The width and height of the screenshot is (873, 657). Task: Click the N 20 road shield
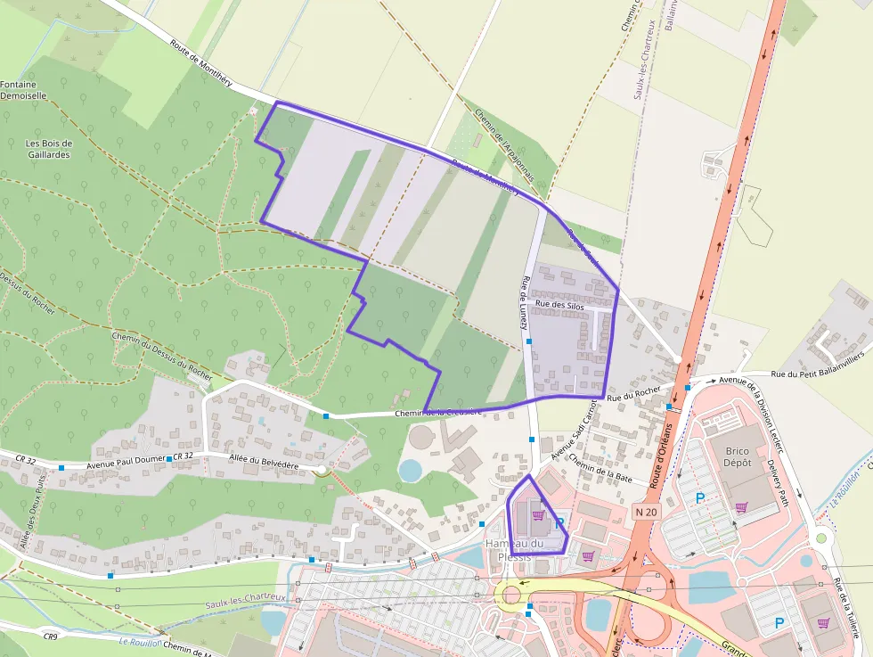(649, 512)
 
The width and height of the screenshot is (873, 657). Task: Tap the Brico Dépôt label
(737, 456)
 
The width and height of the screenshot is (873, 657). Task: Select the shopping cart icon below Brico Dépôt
(741, 507)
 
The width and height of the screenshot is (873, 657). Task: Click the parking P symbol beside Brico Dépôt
(700, 499)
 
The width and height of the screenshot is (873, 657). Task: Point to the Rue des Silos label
(559, 306)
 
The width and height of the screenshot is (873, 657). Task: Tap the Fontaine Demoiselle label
(23, 89)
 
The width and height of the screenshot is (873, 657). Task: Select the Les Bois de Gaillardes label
(48, 149)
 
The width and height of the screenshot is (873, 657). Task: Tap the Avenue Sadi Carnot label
(573, 431)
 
